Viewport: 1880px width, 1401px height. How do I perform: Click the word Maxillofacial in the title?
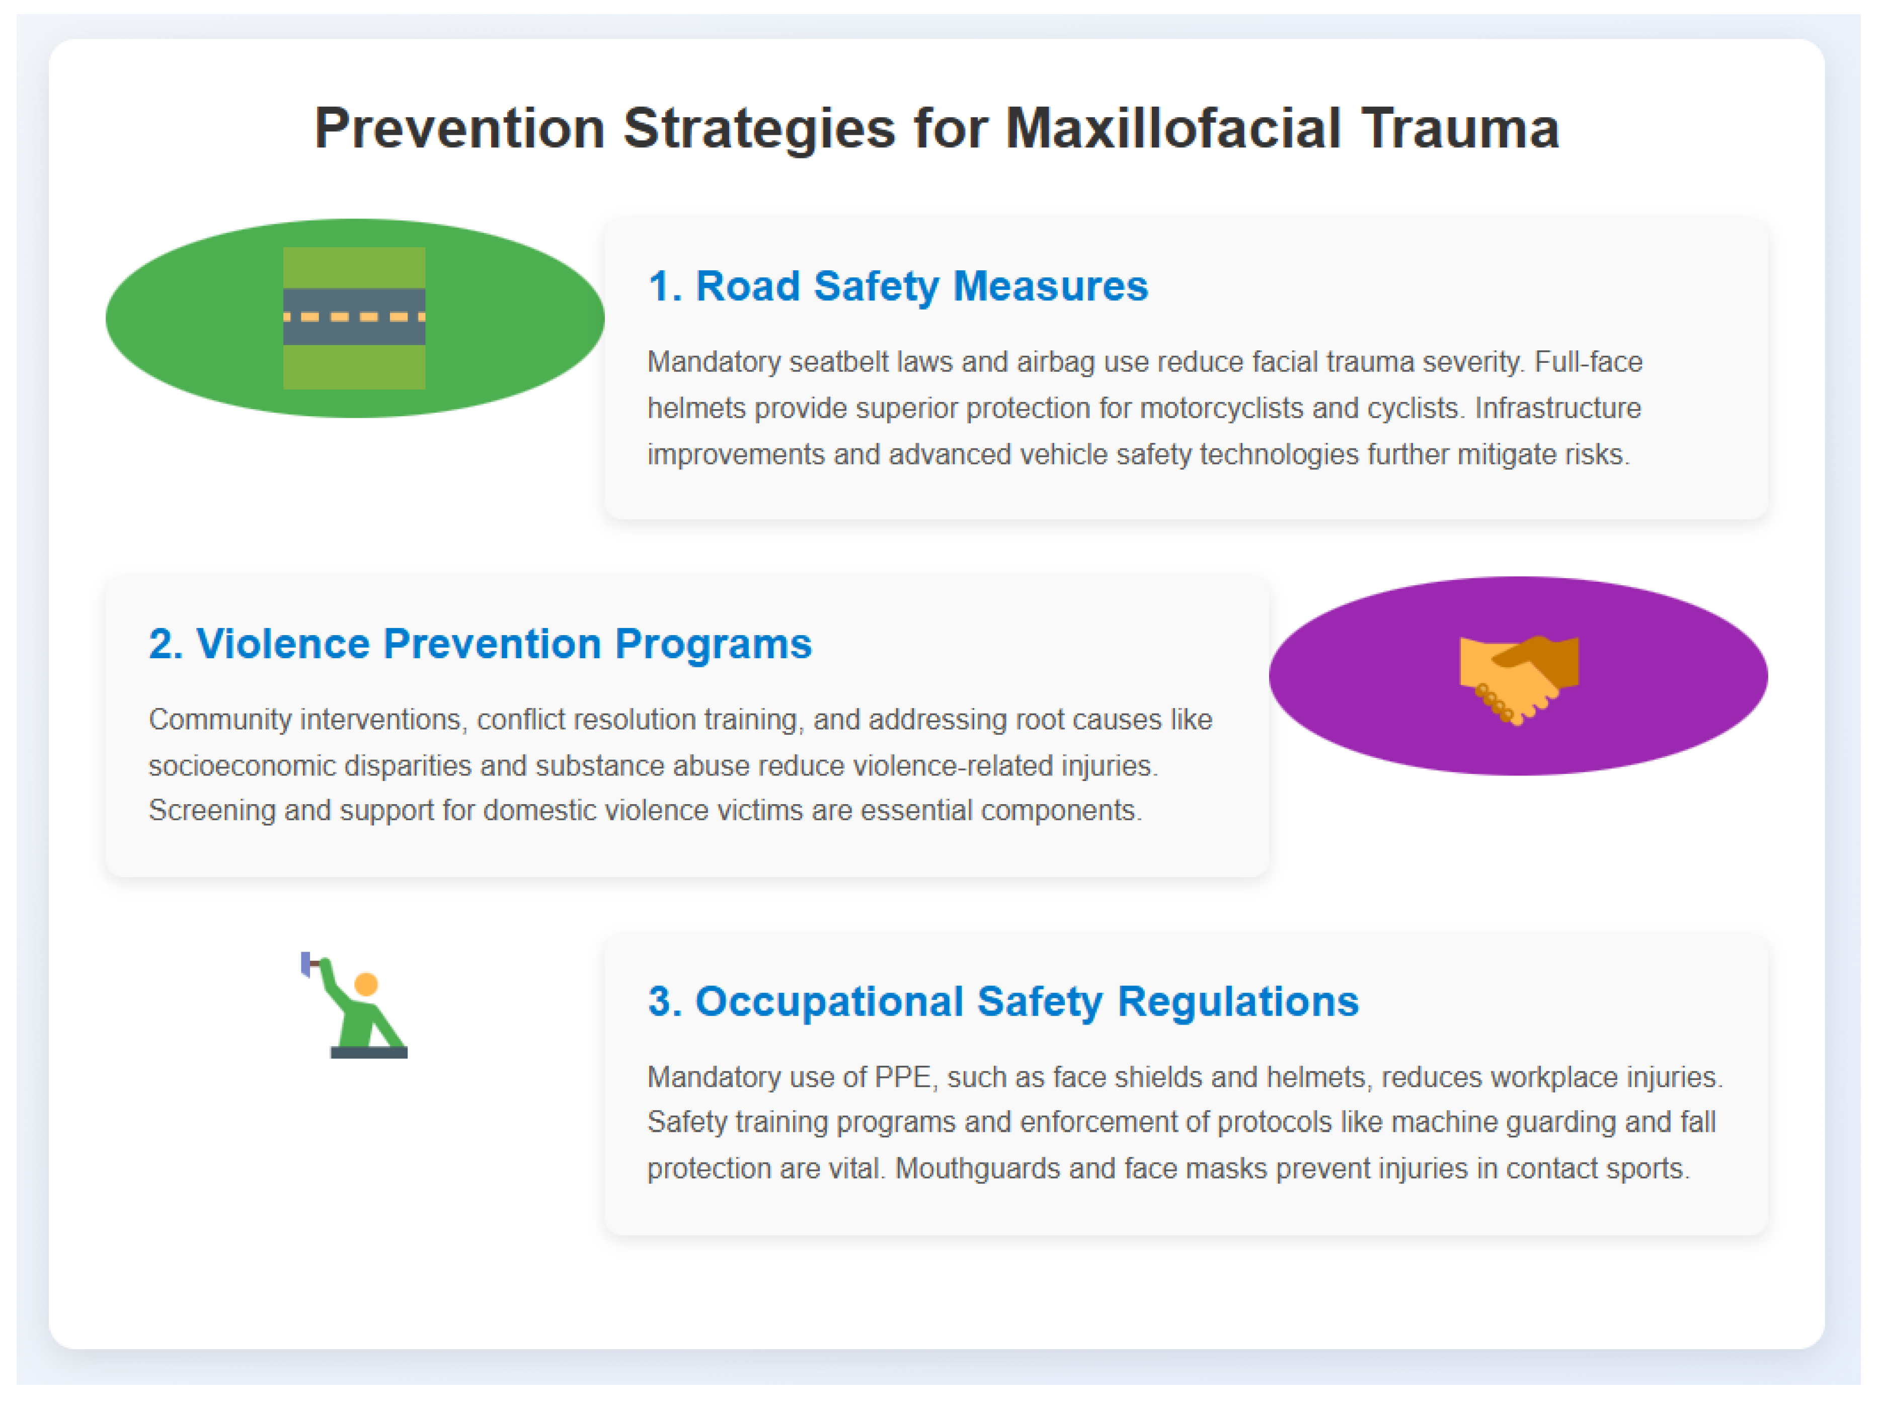tap(1173, 129)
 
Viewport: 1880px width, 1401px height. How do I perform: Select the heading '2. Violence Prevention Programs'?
tap(480, 644)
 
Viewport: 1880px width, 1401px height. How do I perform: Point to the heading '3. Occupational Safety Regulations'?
tap(1003, 1001)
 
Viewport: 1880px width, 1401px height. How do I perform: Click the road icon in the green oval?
tap(354, 318)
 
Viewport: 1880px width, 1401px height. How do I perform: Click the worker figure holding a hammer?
tap(354, 1006)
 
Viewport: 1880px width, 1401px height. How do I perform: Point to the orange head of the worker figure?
tap(366, 984)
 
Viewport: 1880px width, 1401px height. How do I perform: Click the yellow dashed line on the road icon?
tap(354, 317)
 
